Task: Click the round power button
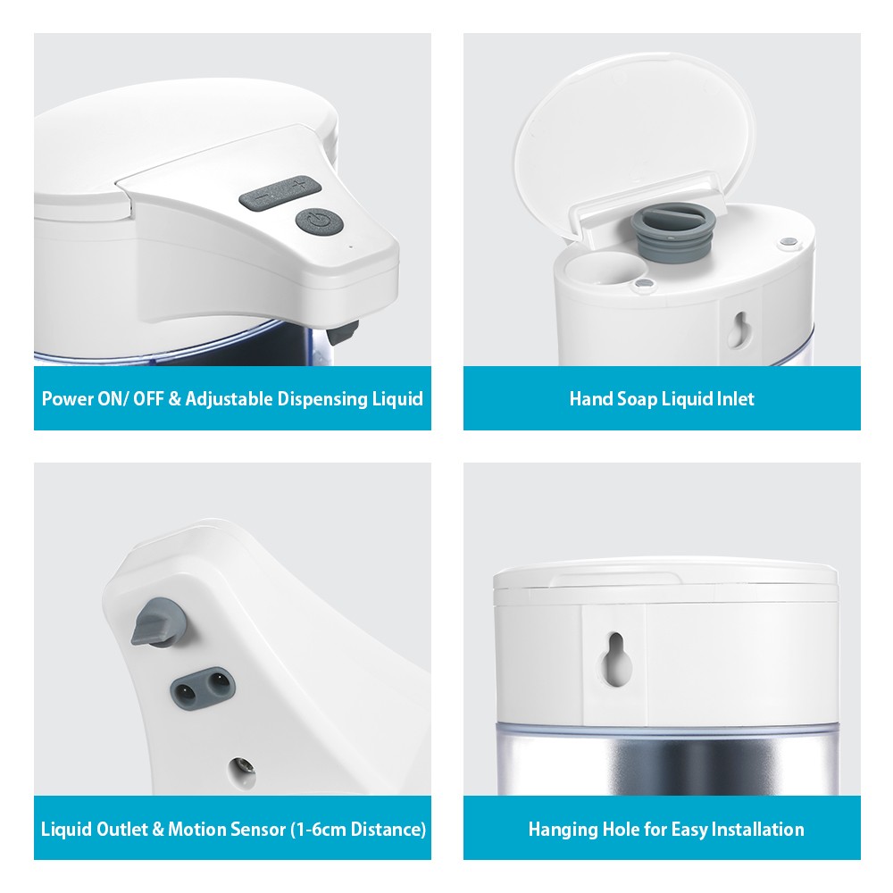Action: (x=312, y=221)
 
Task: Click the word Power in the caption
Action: (x=67, y=398)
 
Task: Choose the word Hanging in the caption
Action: (x=562, y=829)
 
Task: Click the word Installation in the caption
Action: (x=755, y=829)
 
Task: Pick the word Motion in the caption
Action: (x=194, y=829)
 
